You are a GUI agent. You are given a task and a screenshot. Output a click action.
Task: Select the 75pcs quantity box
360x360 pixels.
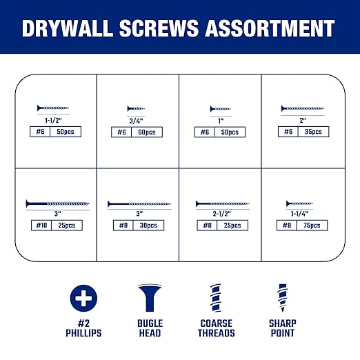tap(314, 225)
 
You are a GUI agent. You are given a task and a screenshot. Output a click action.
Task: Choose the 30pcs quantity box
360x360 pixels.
tap(150, 225)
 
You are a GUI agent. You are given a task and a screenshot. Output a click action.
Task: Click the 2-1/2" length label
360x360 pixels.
tap(221, 214)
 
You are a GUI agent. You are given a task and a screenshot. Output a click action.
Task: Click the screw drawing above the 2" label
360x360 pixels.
tap(302, 108)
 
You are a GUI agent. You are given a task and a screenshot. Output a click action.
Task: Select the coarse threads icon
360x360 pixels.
tap(217, 297)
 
